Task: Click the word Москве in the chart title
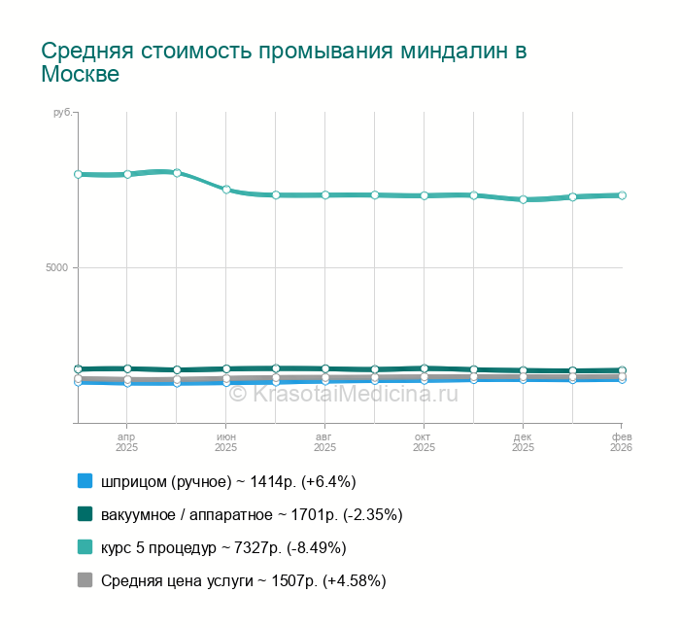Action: pyautogui.click(x=80, y=75)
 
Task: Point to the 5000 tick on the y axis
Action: pyautogui.click(x=60, y=267)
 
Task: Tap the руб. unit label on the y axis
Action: pyautogui.click(x=62, y=113)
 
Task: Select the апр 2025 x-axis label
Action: pyautogui.click(x=126, y=442)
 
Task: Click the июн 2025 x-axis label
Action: pyautogui.click(x=225, y=442)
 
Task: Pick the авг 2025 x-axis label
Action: pyautogui.click(x=324, y=442)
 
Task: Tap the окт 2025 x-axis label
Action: pyautogui.click(x=424, y=442)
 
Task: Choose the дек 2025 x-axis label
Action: pyautogui.click(x=523, y=442)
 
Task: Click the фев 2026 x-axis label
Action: pyautogui.click(x=621, y=442)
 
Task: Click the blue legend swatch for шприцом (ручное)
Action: pyautogui.click(x=85, y=481)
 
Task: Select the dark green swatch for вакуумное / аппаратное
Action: pyautogui.click(x=85, y=514)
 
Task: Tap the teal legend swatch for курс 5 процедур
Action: pyautogui.click(x=85, y=547)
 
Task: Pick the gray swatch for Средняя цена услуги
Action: pyautogui.click(x=85, y=580)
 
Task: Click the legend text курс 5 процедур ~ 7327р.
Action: pyautogui.click(x=223, y=547)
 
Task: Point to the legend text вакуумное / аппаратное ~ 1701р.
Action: pyautogui.click(x=252, y=514)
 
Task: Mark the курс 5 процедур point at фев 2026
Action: pyautogui.click(x=622, y=195)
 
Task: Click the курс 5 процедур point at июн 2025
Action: pyautogui.click(x=226, y=190)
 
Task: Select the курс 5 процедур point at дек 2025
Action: pyautogui.click(x=523, y=199)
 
